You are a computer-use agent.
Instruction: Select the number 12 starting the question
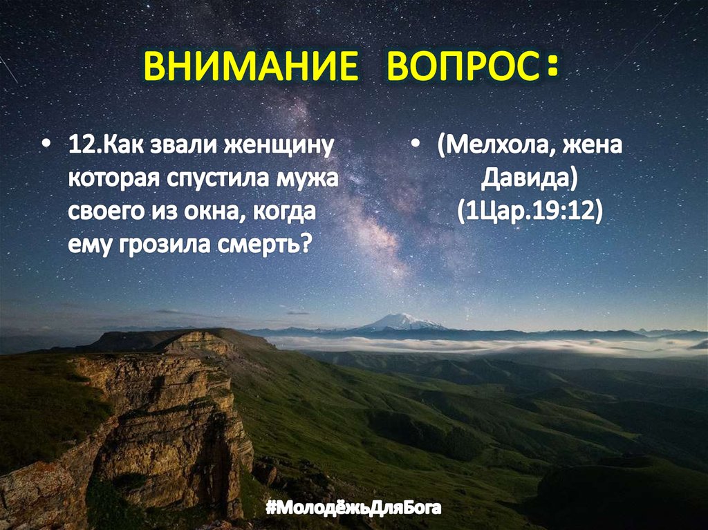coord(80,147)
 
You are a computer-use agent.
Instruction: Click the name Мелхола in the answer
coord(493,147)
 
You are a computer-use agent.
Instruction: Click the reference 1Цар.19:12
coord(529,211)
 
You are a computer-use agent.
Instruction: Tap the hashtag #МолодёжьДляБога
coord(353,509)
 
